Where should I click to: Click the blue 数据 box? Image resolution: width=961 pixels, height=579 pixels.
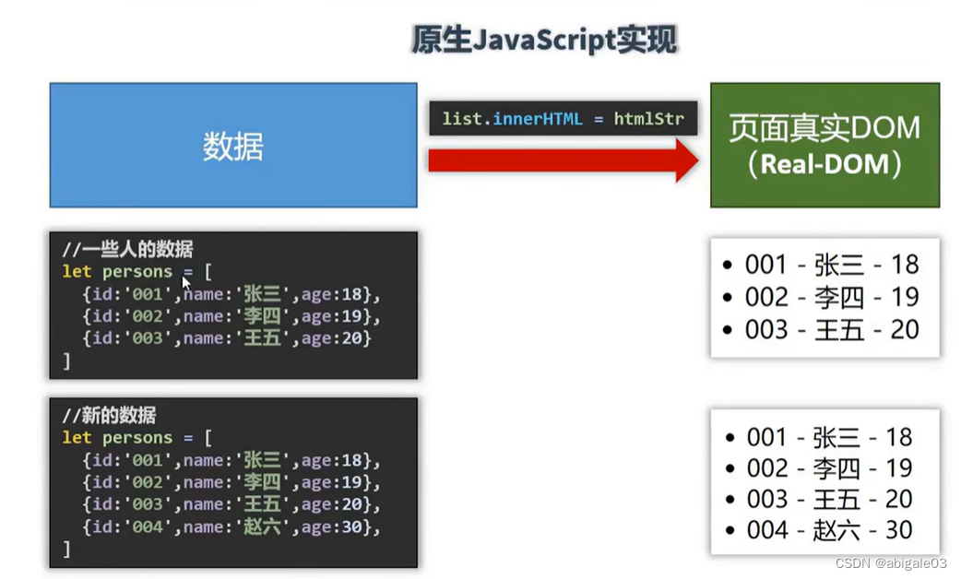[x=233, y=146]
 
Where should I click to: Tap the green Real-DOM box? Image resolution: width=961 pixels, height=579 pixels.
[x=825, y=145]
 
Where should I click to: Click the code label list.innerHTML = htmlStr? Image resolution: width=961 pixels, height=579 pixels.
[x=563, y=119]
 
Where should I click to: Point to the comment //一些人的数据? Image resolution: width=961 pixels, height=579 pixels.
[x=127, y=249]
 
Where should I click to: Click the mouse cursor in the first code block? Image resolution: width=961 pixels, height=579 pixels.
[x=185, y=283]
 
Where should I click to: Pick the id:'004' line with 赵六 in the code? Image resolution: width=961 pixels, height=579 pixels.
[x=231, y=527]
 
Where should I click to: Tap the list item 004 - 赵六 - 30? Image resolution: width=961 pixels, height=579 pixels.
[x=828, y=530]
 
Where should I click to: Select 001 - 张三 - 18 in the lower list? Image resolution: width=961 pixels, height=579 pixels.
[x=828, y=437]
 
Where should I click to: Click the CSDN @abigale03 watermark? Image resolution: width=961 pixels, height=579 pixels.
[x=891, y=563]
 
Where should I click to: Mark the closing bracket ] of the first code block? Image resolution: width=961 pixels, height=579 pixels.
[x=66, y=360]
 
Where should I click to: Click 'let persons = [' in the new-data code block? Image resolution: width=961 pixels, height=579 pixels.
[x=136, y=438]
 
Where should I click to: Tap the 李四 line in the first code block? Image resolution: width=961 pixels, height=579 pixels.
[x=231, y=316]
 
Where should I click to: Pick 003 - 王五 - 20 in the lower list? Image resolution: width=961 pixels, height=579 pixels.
[x=828, y=499]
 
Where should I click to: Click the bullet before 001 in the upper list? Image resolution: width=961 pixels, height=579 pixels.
[x=728, y=266]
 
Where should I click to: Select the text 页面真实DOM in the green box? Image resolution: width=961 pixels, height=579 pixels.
[x=825, y=127]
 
